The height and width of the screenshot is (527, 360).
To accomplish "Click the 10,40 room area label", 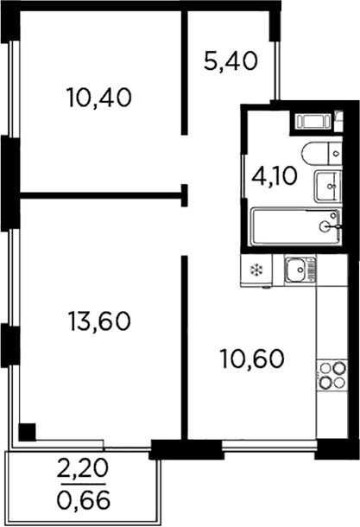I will point(98,98).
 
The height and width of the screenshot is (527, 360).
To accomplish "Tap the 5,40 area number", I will point(231,62).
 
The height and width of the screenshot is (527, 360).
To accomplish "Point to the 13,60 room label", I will point(98,321).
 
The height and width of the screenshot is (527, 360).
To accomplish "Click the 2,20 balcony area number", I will point(84,472).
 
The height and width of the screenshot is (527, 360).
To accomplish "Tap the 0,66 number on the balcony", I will point(84,498).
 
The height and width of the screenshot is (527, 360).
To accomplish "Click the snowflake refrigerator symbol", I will point(256,271).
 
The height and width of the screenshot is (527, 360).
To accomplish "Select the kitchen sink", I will point(300,270).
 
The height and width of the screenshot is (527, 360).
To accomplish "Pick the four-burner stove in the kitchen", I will point(331,376).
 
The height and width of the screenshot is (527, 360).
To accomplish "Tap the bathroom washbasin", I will point(327,185).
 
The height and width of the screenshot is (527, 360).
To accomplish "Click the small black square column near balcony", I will point(28,430).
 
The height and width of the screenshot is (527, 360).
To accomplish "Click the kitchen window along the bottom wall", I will point(268,447).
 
